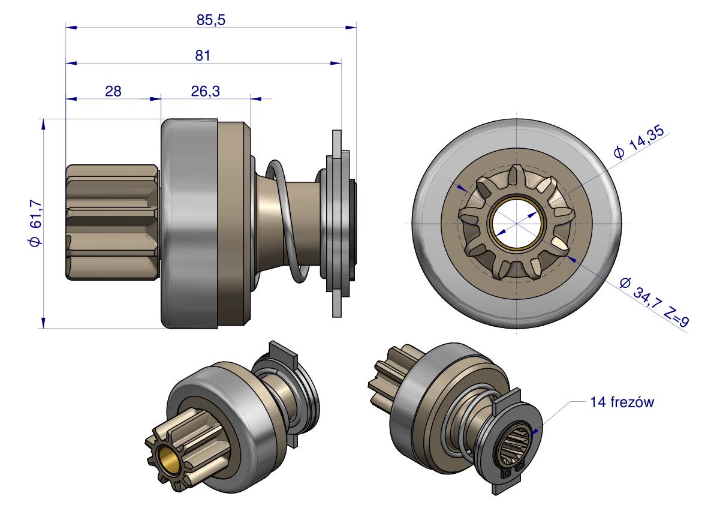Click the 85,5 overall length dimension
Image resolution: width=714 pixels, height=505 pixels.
(211, 20)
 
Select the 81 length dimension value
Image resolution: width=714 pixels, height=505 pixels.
(203, 56)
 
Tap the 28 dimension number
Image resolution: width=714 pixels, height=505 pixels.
(113, 92)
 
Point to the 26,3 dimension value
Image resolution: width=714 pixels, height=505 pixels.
(206, 92)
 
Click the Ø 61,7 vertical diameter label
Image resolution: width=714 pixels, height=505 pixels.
(35, 223)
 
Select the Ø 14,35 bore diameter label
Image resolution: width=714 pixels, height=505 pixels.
(639, 142)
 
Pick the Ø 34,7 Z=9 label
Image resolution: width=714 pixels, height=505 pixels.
(654, 302)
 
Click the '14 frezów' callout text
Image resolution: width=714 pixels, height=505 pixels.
(622, 402)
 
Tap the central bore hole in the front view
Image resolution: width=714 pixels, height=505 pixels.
(517, 223)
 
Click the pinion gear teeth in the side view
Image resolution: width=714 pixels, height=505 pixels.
(113, 222)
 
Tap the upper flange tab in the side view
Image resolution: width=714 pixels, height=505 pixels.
(336, 143)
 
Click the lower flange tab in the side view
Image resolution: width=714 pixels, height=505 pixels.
(336, 303)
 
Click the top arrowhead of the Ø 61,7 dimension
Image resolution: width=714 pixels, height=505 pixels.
(43, 124)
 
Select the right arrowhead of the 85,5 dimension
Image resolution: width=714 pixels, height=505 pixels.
(351, 28)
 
